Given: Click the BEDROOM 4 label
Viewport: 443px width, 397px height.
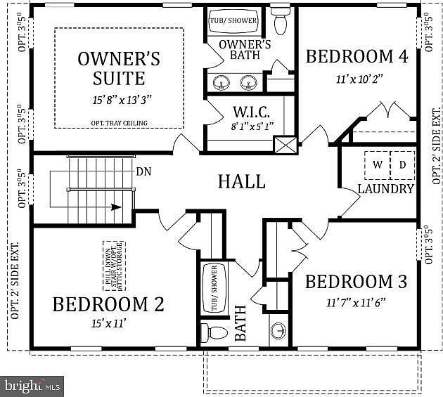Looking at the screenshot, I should pyautogui.click(x=357, y=56).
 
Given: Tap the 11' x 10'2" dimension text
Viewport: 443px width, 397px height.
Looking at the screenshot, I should pyautogui.click(x=357, y=79).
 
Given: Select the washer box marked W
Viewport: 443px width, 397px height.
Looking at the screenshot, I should pyautogui.click(x=378, y=164).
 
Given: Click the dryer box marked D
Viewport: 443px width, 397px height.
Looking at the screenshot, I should pyautogui.click(x=402, y=164).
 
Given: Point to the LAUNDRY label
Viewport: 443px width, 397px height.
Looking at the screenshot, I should pyautogui.click(x=385, y=189).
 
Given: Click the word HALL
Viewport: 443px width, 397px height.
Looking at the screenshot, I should pyautogui.click(x=241, y=181).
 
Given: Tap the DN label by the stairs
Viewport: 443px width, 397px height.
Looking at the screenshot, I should pyautogui.click(x=143, y=171).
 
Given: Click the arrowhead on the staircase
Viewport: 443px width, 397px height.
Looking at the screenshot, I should pyautogui.click(x=117, y=207).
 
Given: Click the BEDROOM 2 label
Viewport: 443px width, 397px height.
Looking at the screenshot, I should pyautogui.click(x=108, y=304).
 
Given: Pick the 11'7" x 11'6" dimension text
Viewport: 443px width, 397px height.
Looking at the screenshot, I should pyautogui.click(x=357, y=303).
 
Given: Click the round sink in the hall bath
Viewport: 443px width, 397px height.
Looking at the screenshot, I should pyautogui.click(x=279, y=331).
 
